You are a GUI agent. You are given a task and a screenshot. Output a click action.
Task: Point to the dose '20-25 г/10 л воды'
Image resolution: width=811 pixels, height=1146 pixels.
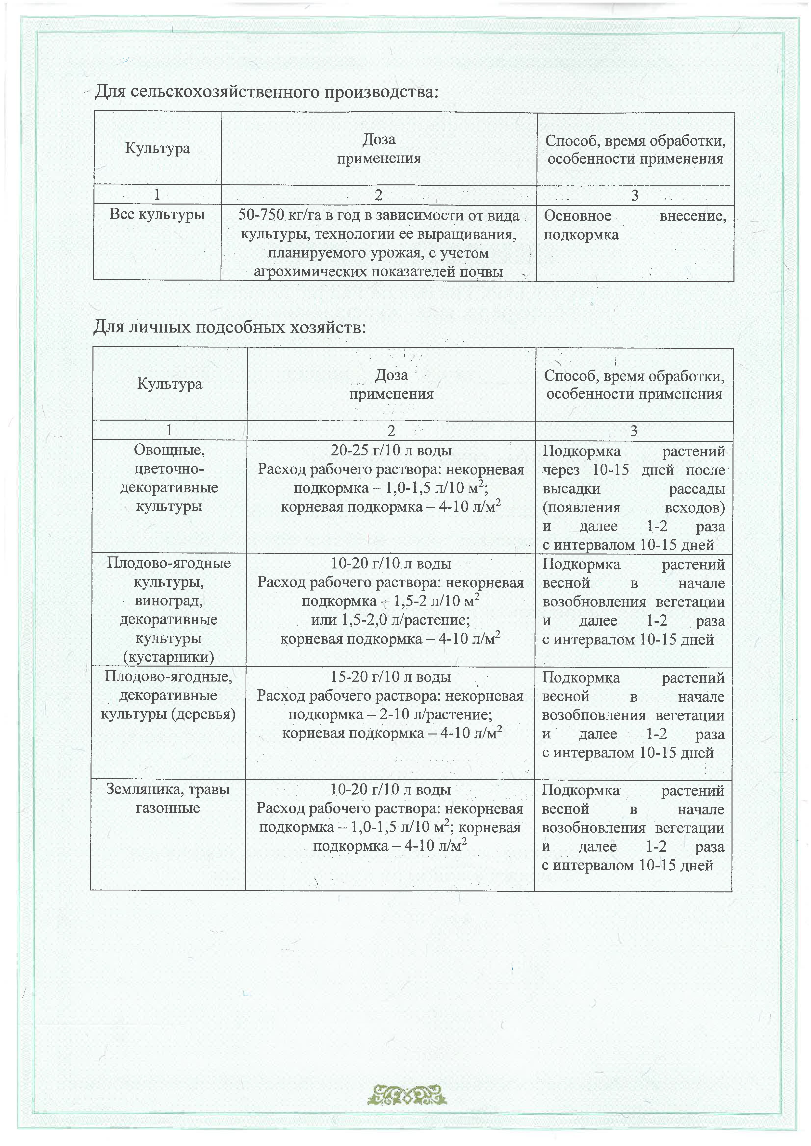click(x=391, y=451)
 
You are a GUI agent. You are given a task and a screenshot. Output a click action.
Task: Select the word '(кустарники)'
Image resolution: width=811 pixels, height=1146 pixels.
click(x=168, y=657)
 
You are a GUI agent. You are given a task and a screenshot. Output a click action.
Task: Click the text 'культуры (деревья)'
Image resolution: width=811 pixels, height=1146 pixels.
click(x=168, y=714)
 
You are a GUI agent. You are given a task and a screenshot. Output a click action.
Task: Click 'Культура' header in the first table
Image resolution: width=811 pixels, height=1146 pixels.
click(x=157, y=149)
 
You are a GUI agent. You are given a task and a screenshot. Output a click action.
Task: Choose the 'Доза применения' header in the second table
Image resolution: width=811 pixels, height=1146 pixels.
click(x=391, y=384)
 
